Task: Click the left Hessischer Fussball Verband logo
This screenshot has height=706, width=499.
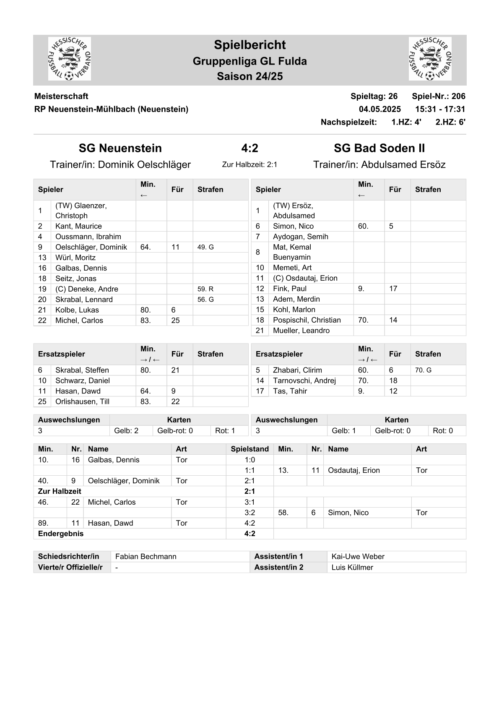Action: [69, 59]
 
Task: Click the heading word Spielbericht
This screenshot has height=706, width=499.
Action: [249, 45]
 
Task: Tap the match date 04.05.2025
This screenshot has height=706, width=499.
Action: [379, 109]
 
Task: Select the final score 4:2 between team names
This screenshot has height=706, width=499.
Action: [249, 148]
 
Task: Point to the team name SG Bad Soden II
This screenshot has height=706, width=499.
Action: [379, 148]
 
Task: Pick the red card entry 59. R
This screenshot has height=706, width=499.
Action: [205, 289]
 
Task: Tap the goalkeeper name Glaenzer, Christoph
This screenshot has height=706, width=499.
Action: [81, 211]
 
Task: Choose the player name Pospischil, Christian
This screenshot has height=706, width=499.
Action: [307, 320]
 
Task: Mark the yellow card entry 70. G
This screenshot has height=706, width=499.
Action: [423, 370]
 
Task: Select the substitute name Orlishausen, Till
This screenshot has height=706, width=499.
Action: [82, 401]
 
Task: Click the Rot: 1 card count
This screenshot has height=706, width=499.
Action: [225, 430]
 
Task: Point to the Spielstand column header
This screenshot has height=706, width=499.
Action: [249, 449]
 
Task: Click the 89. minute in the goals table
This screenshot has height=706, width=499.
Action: [43, 523]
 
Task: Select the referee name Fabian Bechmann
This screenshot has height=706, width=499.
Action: [146, 557]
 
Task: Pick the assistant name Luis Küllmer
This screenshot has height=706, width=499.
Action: [352, 568]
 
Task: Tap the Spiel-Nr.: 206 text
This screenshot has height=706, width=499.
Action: [438, 96]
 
